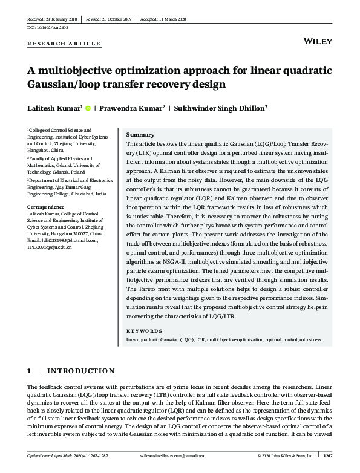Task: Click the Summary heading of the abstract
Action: click(x=140, y=135)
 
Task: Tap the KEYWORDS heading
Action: click(x=144, y=331)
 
